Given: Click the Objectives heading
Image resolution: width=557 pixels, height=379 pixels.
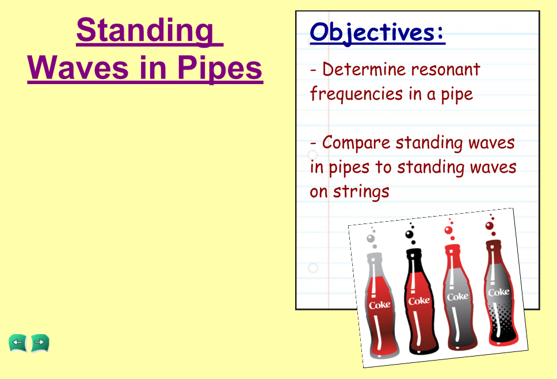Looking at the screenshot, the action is [x=377, y=33].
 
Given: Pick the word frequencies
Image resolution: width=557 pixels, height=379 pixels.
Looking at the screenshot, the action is [x=356, y=94].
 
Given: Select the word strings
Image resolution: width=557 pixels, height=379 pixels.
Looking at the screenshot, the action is [x=361, y=192].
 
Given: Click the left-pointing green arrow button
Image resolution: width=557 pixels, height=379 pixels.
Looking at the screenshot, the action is [x=18, y=343].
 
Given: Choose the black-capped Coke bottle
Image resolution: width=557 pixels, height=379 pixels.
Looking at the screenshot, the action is [x=419, y=301].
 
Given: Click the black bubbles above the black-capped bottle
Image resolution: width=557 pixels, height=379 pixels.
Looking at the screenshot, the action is [x=410, y=234].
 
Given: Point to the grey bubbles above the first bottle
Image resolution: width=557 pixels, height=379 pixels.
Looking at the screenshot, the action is [x=372, y=237].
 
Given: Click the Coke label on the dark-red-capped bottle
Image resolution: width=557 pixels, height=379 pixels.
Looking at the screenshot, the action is [x=499, y=292].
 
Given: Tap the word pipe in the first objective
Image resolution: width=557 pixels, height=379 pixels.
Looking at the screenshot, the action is [x=457, y=95].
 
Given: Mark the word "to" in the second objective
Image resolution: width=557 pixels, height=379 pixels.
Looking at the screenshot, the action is [x=384, y=167].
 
